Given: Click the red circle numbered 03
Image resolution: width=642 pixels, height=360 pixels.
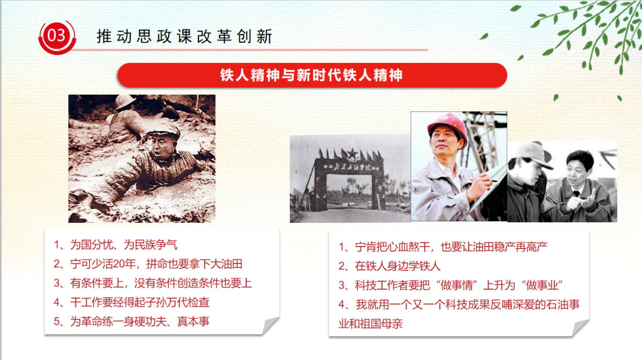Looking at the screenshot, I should click(x=56, y=36).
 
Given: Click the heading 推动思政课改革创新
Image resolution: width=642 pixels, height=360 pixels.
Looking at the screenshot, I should click(x=184, y=36).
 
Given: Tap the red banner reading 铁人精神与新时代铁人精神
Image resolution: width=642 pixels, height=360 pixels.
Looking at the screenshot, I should click(x=312, y=75).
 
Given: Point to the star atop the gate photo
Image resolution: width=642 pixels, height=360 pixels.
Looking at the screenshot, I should click(x=349, y=152).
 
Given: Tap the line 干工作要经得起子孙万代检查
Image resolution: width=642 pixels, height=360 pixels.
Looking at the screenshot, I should click(x=132, y=302).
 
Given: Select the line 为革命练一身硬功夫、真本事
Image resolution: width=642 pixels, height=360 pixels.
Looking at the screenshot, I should click(x=132, y=322).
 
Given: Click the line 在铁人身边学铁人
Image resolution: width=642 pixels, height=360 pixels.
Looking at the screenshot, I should click(x=390, y=266).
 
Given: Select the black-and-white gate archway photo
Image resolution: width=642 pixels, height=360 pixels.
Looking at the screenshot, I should click(x=350, y=179).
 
